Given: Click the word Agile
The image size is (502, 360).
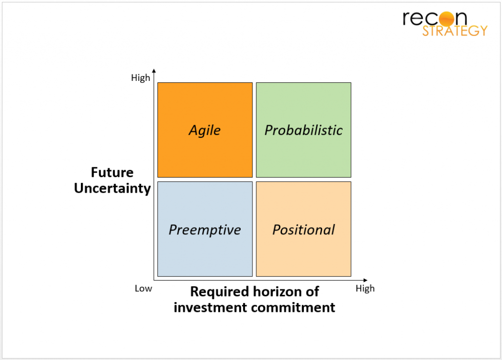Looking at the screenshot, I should [204, 130].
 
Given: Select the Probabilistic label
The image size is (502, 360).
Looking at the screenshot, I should [303, 130].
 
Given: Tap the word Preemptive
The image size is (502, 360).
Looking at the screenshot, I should [204, 230].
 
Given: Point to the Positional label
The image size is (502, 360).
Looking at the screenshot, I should [303, 230].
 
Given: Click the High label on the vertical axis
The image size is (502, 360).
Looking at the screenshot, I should [141, 78].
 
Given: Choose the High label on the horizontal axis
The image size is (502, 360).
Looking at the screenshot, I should [365, 288].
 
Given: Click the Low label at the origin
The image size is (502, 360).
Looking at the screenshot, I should [143, 288].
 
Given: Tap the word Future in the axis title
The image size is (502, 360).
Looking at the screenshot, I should [112, 173].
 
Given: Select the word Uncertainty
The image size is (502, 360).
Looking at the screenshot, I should [112, 188].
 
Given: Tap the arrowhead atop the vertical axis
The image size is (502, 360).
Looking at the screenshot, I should [154, 71].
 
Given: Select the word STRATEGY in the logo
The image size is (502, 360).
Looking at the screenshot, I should [455, 30].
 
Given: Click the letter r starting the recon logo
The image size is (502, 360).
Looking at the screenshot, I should [407, 19].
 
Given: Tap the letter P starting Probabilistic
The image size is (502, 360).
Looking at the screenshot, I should [269, 130].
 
